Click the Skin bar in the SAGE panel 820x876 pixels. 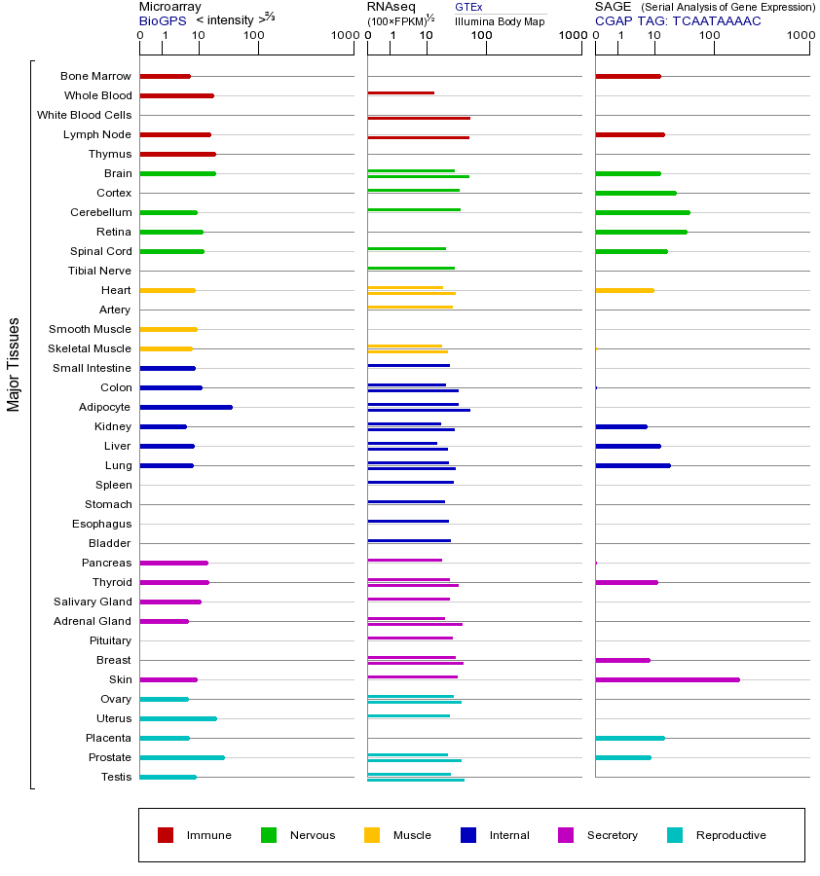pos(667,679)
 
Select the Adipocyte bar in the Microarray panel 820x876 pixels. pos(186,407)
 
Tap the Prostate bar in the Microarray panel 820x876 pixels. pos(182,757)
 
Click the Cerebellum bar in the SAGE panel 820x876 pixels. pos(643,212)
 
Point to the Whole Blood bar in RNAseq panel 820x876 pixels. pos(400,92)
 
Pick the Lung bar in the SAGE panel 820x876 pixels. pos(633,465)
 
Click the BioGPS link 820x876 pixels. pos(163,20)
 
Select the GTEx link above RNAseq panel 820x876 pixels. pos(468,7)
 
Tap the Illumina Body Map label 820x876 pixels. pos(500,20)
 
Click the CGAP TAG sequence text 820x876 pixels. pos(678,20)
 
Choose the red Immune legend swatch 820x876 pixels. pos(166,835)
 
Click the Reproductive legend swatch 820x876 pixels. pos(675,835)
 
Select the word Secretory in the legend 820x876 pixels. pos(613,835)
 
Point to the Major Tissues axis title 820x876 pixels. pos(14,364)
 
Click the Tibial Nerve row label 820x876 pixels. pos(99,271)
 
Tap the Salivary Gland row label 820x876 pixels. pos(93,602)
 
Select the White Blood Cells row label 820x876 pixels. pos(84,115)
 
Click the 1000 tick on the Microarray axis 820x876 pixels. pos(343,36)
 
